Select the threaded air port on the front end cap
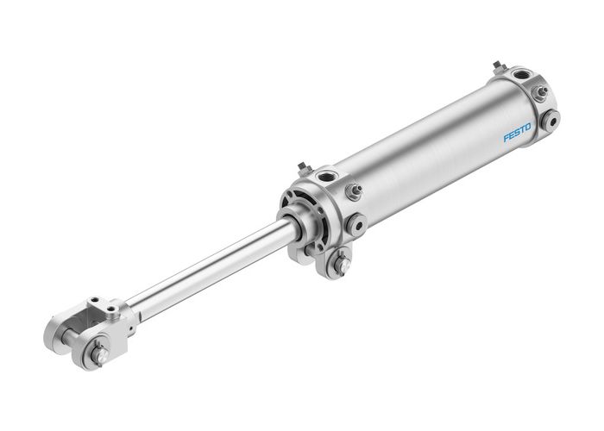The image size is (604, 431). pos(327,178)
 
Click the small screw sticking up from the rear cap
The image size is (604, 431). pos(498,66)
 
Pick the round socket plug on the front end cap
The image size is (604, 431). pos(355,225)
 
